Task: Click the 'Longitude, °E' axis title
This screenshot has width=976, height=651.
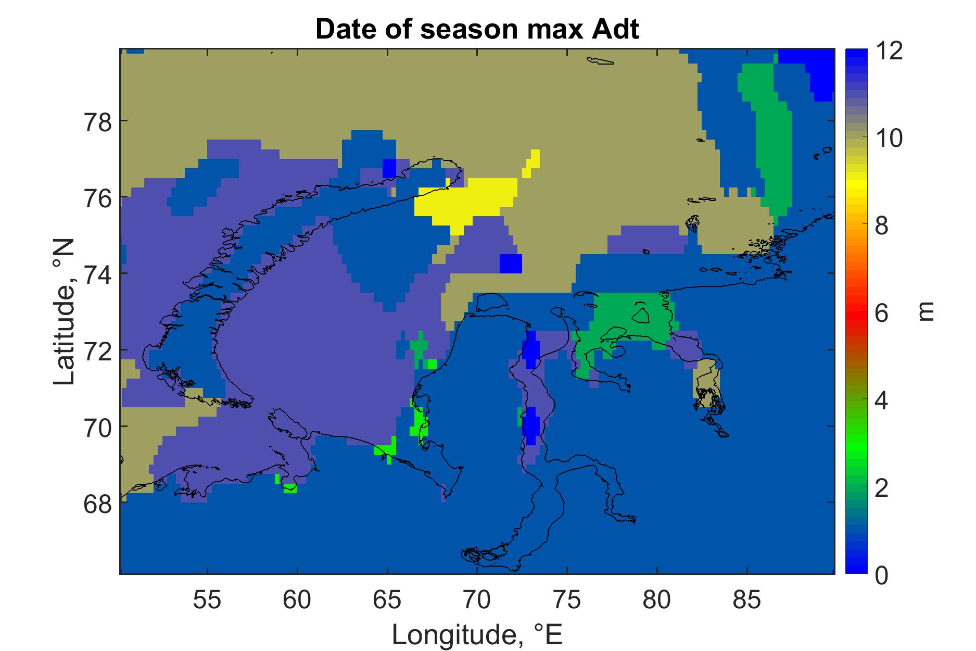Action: point(477,635)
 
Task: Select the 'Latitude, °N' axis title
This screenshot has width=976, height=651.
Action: point(64,312)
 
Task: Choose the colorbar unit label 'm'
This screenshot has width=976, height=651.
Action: point(925,312)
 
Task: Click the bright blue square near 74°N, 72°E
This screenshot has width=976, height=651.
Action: point(511,263)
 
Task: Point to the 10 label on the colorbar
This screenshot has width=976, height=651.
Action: point(889,140)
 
